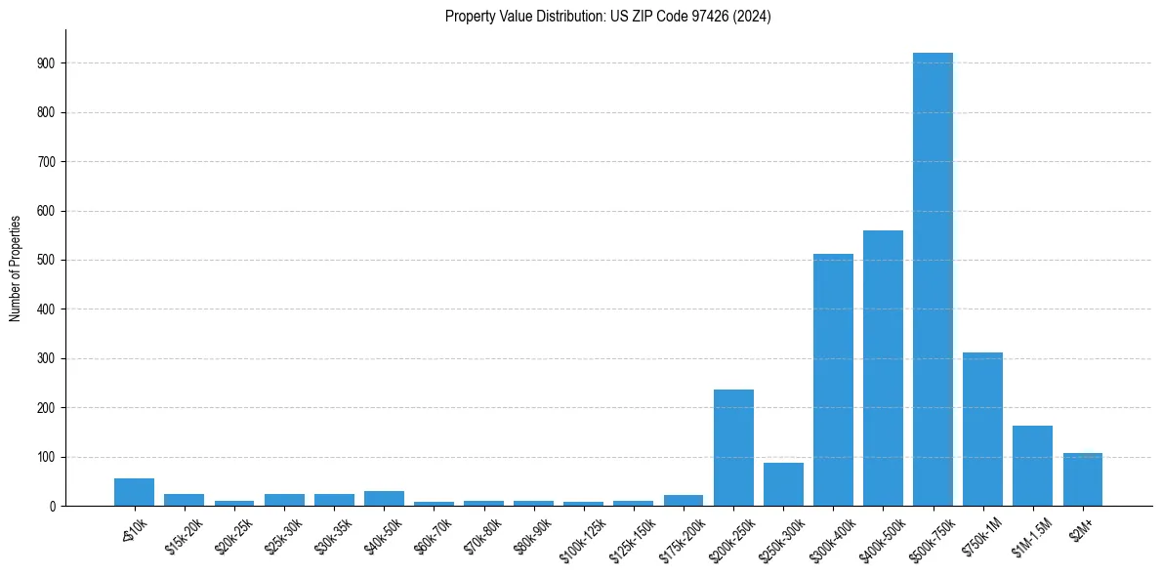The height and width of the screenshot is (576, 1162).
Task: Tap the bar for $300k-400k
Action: pos(833,380)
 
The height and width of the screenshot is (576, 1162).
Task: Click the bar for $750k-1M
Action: pos(982,429)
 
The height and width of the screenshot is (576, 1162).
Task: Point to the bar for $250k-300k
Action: pos(783,484)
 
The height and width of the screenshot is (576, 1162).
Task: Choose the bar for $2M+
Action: pos(1082,479)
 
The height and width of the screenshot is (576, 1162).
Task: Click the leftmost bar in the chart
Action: pos(134,492)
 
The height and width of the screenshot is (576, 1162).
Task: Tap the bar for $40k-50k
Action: pos(384,498)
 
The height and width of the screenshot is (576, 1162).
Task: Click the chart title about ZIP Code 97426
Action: pos(607,17)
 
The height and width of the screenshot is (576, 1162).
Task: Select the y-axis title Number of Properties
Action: pos(16,267)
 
